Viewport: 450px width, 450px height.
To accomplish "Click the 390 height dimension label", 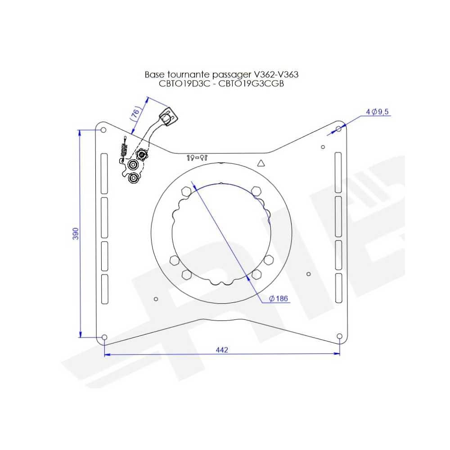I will pos(76,234).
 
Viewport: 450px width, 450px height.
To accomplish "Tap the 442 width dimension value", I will pos(222,350).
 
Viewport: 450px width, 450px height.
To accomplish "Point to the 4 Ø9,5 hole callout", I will pos(377,112).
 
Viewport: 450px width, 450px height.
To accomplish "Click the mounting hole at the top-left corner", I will pos(103,130).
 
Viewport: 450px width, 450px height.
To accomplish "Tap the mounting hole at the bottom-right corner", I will pos(340,337).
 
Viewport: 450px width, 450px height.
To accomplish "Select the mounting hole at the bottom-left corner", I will pos(104,337).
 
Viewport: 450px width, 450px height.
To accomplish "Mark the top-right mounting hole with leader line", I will pos(339,129).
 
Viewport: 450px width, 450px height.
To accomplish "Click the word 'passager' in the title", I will pos(234,74).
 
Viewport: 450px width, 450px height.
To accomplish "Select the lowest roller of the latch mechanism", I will pos(133,179).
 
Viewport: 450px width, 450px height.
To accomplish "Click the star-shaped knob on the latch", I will pos(142,156).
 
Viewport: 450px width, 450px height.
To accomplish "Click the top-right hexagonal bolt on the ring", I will pos(256,191).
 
